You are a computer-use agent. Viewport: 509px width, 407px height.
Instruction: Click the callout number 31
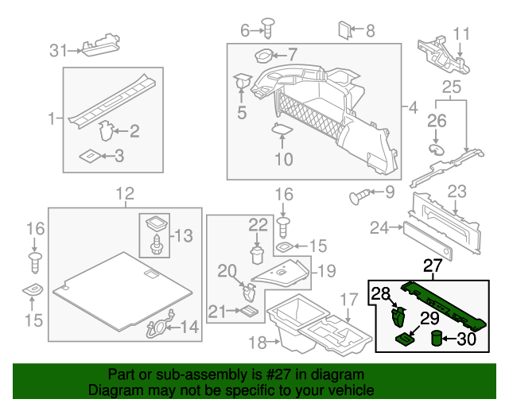tap(57, 51)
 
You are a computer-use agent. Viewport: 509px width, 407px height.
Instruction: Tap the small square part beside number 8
tap(344, 31)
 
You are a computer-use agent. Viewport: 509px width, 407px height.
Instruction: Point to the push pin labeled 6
tap(269, 30)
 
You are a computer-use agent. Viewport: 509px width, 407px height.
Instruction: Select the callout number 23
tap(457, 192)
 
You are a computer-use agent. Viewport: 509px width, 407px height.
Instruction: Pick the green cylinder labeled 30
tap(437, 339)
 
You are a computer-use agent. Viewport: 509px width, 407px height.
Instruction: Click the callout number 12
tap(125, 193)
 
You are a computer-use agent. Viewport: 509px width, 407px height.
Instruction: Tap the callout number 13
tap(183, 235)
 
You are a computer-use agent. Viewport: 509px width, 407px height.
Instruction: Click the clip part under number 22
tap(256, 254)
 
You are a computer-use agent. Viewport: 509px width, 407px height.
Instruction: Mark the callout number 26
tap(437, 120)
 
